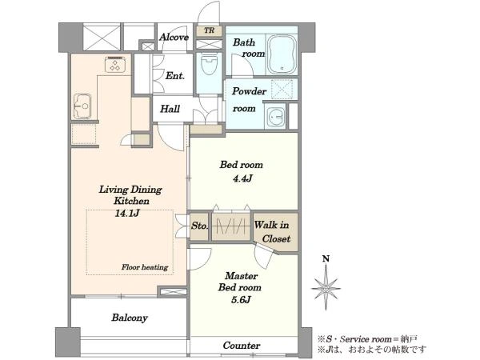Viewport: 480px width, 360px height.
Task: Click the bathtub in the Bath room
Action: click(282, 54)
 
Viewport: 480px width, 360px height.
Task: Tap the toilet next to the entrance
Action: click(209, 64)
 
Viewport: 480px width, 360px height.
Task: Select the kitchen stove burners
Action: click(115, 65)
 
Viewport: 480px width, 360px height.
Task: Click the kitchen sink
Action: click(82, 106)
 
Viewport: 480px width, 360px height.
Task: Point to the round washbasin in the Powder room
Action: click(275, 117)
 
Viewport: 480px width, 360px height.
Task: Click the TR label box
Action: click(210, 30)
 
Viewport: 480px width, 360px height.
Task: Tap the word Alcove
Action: click(174, 38)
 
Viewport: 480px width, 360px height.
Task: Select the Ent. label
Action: click(175, 76)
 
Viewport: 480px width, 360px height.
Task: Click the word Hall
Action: click(170, 109)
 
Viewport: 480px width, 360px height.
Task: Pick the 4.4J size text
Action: click(242, 178)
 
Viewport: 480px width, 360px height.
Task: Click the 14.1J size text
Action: click(127, 213)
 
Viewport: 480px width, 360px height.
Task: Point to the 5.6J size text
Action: click(241, 300)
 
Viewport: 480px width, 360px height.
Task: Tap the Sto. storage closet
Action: click(199, 226)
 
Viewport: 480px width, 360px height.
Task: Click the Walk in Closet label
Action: click(272, 232)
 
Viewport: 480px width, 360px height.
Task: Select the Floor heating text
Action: click(145, 267)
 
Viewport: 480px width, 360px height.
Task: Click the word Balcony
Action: click(130, 318)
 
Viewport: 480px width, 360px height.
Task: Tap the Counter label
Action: click(242, 346)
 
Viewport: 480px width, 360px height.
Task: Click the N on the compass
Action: click(326, 259)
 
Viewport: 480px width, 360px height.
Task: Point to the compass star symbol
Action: click(326, 288)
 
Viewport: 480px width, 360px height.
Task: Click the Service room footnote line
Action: click(367, 339)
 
